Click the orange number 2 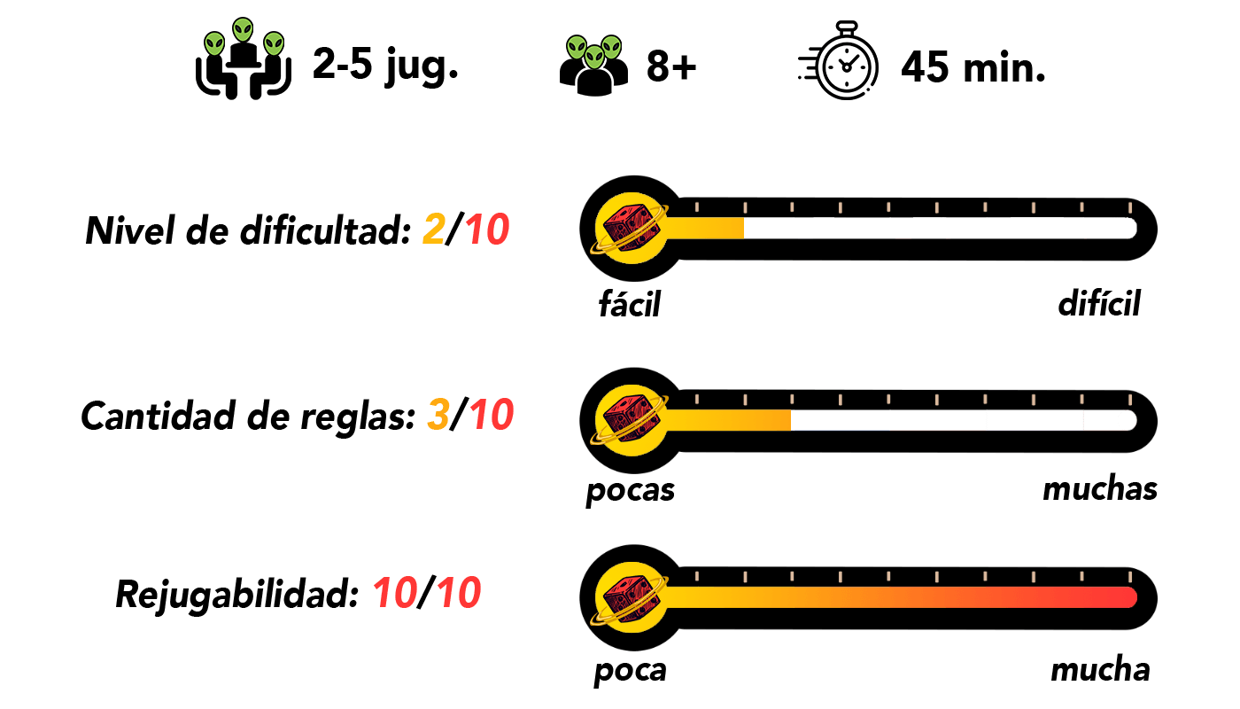[x=434, y=230]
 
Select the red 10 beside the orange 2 [x=487, y=230]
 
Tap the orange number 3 [x=438, y=415]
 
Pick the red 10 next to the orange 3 [x=492, y=415]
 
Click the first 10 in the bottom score [x=395, y=593]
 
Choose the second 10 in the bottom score [x=459, y=593]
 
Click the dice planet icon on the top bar [x=632, y=228]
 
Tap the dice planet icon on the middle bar [x=632, y=420]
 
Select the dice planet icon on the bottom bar [x=632, y=597]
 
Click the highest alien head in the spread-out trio [x=243, y=30]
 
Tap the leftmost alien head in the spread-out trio [x=214, y=44]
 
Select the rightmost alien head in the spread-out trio [x=274, y=44]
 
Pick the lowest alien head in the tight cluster [x=594, y=58]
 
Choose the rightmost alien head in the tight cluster [x=611, y=47]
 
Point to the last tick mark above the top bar [x=1130, y=207]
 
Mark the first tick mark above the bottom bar [x=697, y=577]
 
